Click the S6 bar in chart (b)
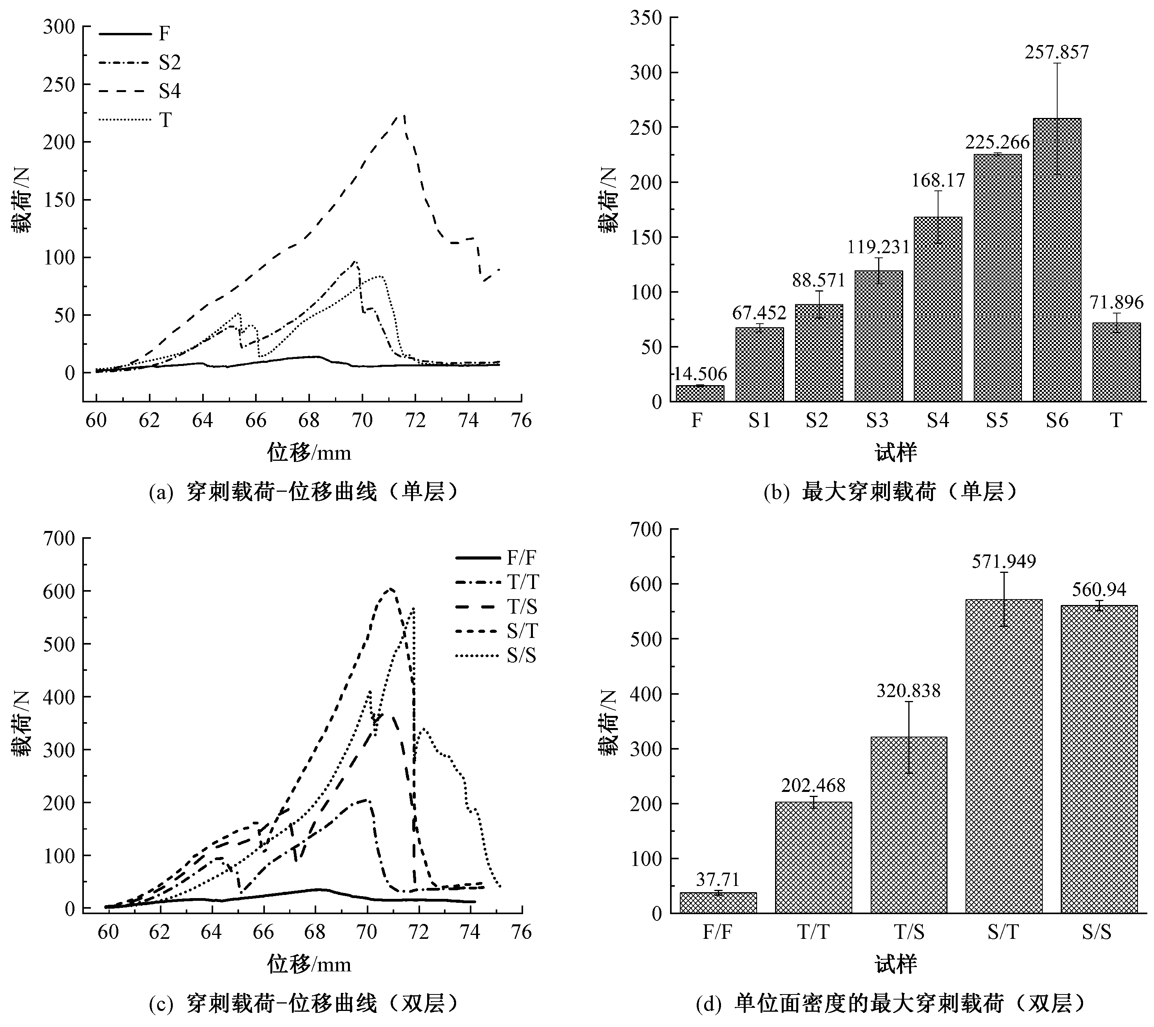click(1057, 260)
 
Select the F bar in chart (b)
click(700, 393)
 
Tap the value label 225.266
click(997, 142)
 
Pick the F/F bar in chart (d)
click(718, 903)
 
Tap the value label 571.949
click(1004, 561)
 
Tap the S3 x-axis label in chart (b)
click(877, 420)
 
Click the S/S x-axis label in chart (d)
click(1096, 931)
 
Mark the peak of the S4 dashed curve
click(403, 115)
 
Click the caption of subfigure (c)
click(303, 1003)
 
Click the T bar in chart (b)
click(1116, 362)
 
